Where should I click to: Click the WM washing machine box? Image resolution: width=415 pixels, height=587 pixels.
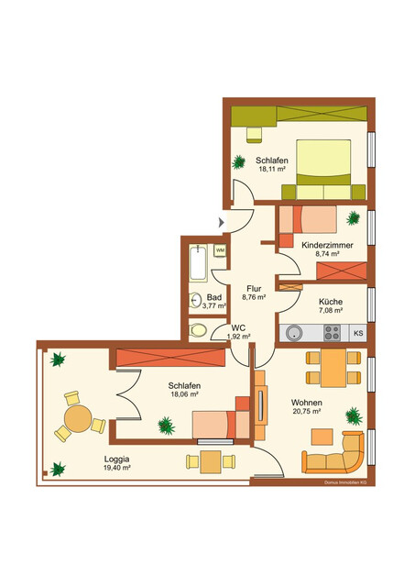point(221,249)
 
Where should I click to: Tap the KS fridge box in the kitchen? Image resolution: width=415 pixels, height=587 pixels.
point(358,333)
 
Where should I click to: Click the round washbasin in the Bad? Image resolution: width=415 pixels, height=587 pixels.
point(196,299)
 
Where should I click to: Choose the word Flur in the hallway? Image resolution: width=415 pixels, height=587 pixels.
point(254,288)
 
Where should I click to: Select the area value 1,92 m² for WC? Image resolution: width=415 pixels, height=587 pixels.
point(238,337)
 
